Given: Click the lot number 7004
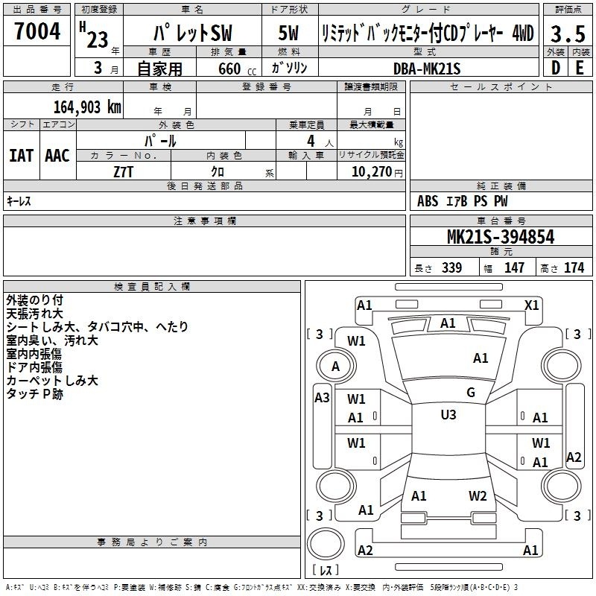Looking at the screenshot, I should (x=37, y=31).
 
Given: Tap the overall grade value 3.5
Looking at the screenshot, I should (x=567, y=34).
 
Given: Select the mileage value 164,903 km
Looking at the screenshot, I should (x=88, y=107).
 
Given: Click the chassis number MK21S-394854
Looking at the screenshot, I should (x=500, y=238).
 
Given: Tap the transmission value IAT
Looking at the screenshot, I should (x=21, y=156).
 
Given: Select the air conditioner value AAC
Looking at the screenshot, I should (x=57, y=156).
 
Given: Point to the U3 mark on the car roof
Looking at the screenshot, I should (x=448, y=415).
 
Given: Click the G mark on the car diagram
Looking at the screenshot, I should (x=470, y=393).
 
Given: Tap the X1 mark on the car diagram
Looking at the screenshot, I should (x=531, y=305).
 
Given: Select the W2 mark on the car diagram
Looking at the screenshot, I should (x=478, y=495).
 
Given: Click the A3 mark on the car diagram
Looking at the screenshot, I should (x=322, y=398).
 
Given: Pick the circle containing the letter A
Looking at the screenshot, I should (x=335, y=366).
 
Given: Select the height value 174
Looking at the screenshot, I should (x=574, y=268).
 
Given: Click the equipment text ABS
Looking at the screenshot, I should (x=428, y=201).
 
